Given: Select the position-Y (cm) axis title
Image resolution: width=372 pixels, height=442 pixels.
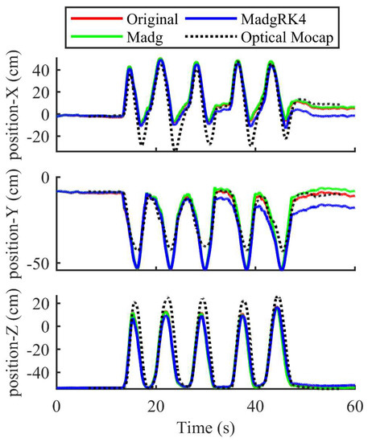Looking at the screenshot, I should click(14, 223).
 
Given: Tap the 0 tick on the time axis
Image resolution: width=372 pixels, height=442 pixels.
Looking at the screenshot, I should click(56, 407).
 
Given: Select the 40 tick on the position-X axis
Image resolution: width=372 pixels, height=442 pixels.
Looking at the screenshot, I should click(42, 70).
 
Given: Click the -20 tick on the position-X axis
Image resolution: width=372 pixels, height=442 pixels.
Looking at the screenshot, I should click(37, 137).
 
